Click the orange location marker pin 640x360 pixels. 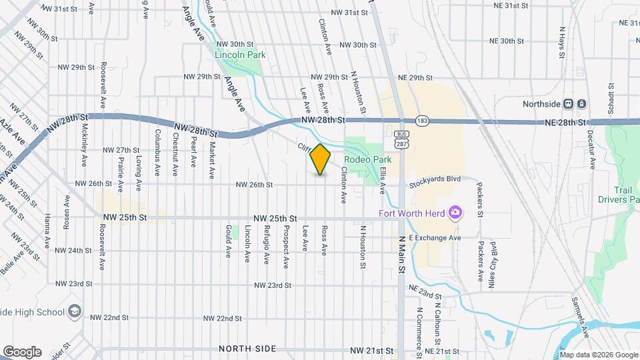321,159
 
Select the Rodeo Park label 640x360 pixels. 367,160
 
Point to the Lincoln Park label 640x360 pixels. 237,55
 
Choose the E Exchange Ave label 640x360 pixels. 435,237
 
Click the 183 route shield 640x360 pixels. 422,121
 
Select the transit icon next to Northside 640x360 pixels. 575,104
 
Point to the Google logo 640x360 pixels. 22,351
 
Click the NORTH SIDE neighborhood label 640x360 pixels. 247,349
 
